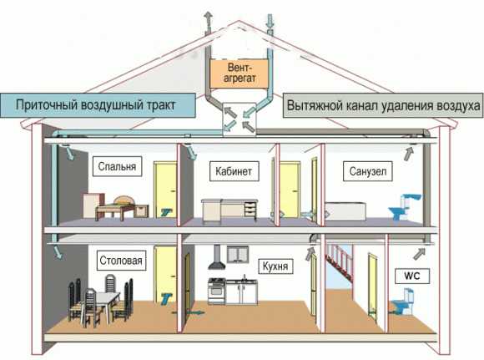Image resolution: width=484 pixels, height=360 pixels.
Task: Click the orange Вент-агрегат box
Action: pyautogui.click(x=239, y=74)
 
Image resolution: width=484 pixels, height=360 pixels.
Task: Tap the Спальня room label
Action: pyautogui.click(x=118, y=166)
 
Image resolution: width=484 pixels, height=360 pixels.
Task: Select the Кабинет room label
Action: pyautogui.click(x=234, y=171)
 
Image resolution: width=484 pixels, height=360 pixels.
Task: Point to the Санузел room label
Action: pyautogui.click(x=368, y=171)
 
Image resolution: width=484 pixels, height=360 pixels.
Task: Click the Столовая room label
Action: pyautogui.click(x=121, y=261)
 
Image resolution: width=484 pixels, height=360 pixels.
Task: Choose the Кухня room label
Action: pyautogui.click(x=275, y=266)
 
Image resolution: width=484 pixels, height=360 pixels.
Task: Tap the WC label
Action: pyautogui.click(x=412, y=276)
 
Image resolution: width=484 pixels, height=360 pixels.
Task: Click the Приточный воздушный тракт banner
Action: pyautogui.click(x=98, y=105)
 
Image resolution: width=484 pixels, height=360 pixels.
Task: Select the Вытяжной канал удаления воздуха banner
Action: pyautogui.click(x=383, y=105)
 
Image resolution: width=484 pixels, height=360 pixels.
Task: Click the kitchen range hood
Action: pyautogui.click(x=217, y=257)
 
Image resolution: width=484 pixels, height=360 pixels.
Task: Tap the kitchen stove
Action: pyautogui.click(x=217, y=291)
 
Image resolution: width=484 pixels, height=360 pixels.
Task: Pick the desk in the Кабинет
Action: pyautogui.click(x=229, y=210)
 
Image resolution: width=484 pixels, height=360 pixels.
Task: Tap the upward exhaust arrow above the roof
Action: pyautogui.click(x=208, y=23)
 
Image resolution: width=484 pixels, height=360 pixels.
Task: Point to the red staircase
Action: pyautogui.click(x=340, y=262)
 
